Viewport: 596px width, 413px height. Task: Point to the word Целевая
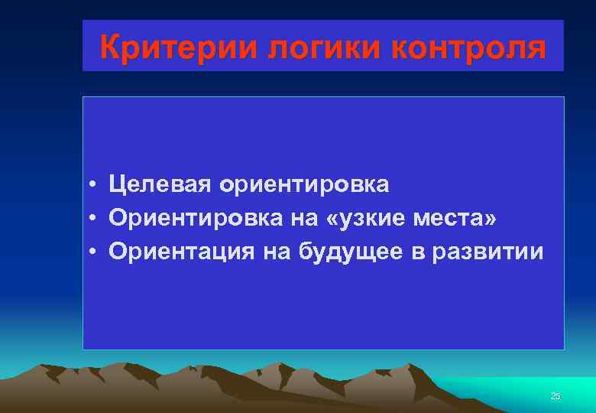click(160, 184)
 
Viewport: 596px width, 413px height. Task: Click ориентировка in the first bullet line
click(303, 184)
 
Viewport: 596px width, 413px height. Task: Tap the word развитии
click(487, 252)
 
